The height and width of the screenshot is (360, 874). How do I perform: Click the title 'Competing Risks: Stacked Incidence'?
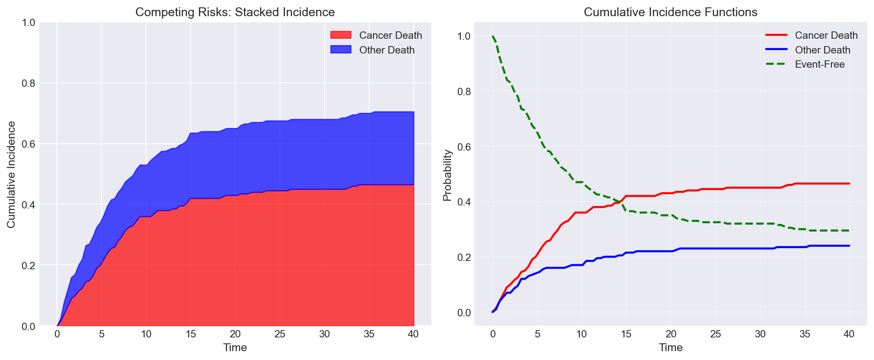coord(235,12)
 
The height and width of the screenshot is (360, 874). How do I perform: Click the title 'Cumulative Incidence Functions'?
coord(670,12)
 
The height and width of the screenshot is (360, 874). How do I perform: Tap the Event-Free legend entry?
coord(820,64)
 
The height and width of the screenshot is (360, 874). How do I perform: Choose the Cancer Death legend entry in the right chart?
coord(826,35)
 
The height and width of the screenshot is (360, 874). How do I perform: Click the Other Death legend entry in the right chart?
coord(823,50)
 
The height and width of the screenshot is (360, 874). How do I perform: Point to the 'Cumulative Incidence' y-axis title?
coord(11,174)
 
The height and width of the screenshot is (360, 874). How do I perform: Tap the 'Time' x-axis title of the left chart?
coord(235,348)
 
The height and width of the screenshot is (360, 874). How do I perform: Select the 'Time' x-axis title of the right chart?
coord(670,348)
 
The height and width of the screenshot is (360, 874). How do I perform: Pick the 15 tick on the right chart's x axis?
coord(626,334)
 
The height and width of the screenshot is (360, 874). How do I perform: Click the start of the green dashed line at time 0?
coord(493,36)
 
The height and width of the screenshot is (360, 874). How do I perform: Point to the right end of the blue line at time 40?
coord(849,246)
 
